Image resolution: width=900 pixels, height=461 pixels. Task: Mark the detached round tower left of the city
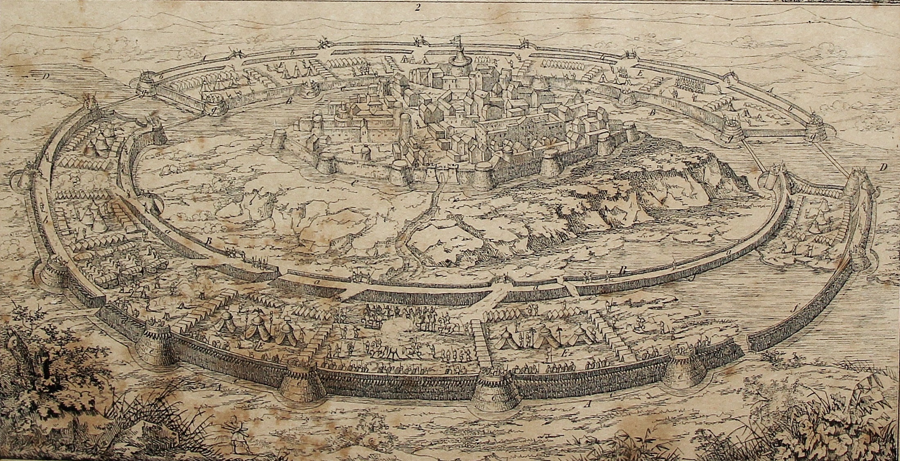tap(280, 140)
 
